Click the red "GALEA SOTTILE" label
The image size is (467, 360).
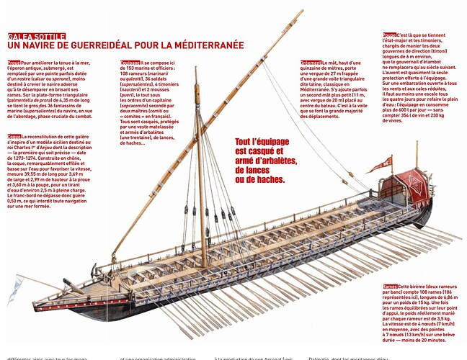point(37,36)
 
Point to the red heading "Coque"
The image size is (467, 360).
point(14,136)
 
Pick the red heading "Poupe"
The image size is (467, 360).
point(390,35)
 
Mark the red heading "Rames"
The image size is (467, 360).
point(391,287)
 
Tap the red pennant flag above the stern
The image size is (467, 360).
point(381,165)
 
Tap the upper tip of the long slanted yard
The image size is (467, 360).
point(301,11)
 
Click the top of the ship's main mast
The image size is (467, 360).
point(196,69)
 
